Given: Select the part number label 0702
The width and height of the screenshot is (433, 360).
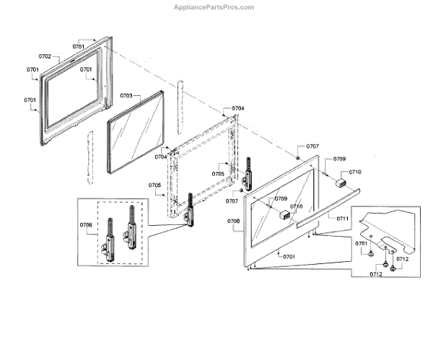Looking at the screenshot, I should click(44, 56).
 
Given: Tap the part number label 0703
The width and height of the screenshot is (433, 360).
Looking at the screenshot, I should click(126, 95).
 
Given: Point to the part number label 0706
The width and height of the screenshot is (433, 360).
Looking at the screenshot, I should click(87, 225).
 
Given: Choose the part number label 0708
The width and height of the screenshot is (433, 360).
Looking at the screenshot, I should click(233, 221).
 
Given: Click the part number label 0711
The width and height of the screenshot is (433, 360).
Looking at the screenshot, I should click(342, 217).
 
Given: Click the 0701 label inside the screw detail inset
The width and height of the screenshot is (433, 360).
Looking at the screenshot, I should click(361, 244).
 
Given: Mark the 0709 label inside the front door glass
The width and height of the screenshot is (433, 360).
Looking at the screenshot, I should click(279, 198).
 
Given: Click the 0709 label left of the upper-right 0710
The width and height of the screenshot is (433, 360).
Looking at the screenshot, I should click(338, 159).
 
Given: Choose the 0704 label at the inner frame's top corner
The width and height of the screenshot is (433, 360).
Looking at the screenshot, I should click(237, 108).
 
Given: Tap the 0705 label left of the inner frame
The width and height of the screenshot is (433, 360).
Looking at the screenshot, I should click(155, 185).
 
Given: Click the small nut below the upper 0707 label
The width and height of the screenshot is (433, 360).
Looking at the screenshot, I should click(298, 157).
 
